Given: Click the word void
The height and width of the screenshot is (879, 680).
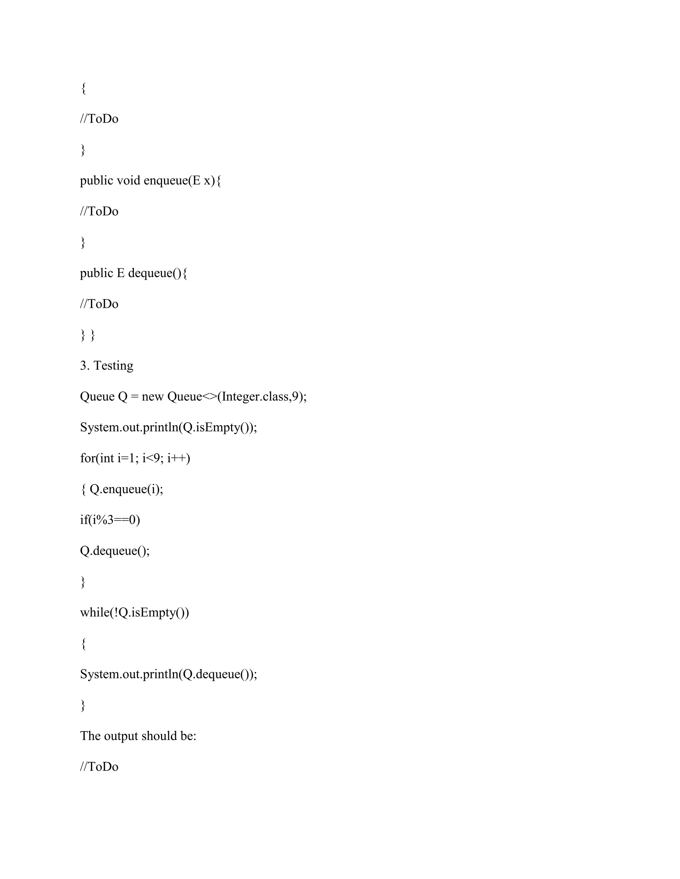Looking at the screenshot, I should click(x=128, y=181).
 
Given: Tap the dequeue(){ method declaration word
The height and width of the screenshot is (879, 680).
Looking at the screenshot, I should click(x=157, y=273).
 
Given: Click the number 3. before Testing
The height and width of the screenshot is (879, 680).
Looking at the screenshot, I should click(x=85, y=366).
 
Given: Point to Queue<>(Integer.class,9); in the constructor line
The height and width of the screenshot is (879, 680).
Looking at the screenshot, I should click(x=237, y=396).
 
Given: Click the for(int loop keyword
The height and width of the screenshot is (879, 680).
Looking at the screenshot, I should click(x=97, y=458).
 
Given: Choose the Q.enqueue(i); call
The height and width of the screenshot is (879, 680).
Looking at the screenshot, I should click(x=126, y=489).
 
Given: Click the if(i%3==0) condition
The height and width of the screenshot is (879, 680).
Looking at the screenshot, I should click(x=110, y=520).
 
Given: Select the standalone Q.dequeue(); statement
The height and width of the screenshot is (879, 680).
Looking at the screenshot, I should click(x=115, y=551).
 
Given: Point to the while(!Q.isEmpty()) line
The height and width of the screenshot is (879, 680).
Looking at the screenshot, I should click(x=134, y=613).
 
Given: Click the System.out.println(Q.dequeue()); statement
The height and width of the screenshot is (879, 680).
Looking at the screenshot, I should click(x=168, y=674).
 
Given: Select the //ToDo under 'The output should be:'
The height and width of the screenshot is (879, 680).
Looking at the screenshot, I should click(x=99, y=767).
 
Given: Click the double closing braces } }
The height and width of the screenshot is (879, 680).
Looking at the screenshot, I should click(x=87, y=335).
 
